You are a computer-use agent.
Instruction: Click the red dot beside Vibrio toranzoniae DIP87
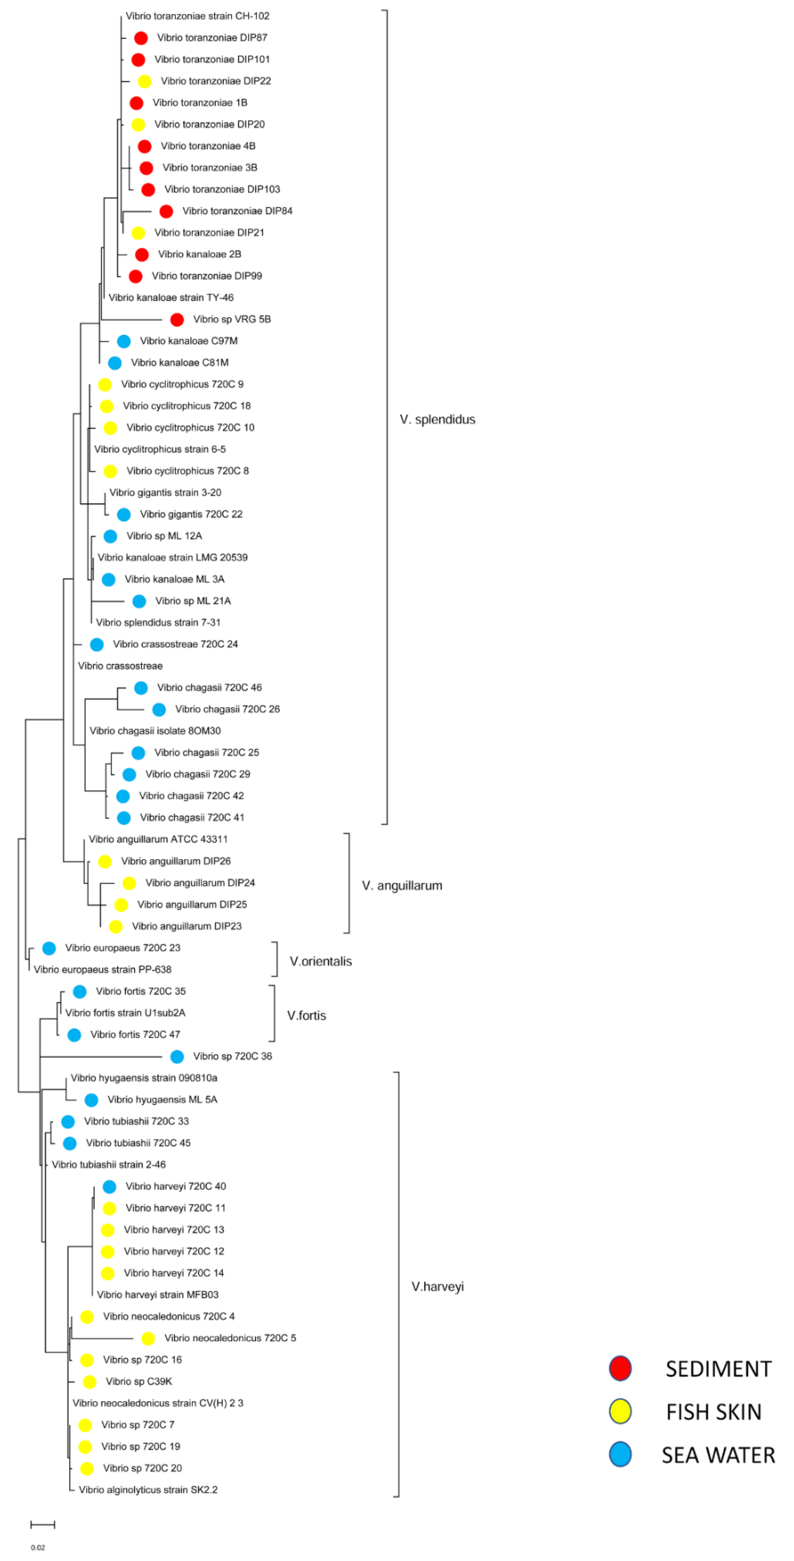click(x=140, y=38)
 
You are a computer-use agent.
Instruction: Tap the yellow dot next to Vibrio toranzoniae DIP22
click(x=144, y=81)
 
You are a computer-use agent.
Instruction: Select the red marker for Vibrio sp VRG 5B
click(x=177, y=319)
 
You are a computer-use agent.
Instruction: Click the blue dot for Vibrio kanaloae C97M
click(x=124, y=341)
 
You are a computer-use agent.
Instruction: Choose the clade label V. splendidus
click(x=437, y=419)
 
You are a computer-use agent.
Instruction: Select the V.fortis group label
click(x=306, y=1016)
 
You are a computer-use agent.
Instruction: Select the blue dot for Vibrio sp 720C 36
click(x=177, y=1057)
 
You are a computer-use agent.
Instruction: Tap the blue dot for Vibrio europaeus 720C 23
click(x=49, y=948)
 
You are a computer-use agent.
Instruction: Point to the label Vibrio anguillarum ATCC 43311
click(x=158, y=839)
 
